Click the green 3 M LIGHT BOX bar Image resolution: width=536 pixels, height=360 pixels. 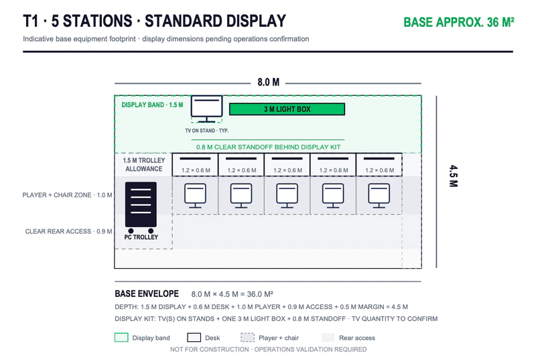[287, 109]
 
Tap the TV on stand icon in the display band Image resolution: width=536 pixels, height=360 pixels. [206, 109]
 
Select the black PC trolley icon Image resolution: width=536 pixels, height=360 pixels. [141, 207]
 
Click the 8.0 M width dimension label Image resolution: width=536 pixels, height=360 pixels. [269, 82]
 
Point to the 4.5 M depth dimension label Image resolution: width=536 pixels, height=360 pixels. [454, 176]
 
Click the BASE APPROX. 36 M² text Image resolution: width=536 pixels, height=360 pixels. [459, 22]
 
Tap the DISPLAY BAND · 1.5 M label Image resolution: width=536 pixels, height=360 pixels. [152, 105]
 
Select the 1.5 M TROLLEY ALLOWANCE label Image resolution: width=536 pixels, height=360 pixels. [144, 164]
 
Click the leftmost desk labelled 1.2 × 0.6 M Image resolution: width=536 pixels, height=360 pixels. [195, 165]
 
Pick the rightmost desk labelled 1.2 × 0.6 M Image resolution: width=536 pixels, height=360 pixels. [379, 165]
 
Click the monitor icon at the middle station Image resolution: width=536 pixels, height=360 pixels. [287, 196]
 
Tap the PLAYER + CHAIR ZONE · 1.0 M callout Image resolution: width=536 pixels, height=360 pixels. [68, 195]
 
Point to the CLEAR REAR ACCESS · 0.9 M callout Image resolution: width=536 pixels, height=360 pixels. [68, 231]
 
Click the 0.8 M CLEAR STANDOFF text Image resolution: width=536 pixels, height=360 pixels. [268, 147]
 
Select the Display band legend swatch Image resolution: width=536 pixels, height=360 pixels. [121, 337]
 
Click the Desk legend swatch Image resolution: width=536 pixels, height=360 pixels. [194, 337]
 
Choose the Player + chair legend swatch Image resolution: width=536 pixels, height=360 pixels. [247, 337]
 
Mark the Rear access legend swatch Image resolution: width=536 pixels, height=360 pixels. [328, 337]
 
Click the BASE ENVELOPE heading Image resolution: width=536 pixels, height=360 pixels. [147, 294]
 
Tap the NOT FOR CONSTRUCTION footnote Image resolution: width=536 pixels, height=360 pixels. [269, 349]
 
